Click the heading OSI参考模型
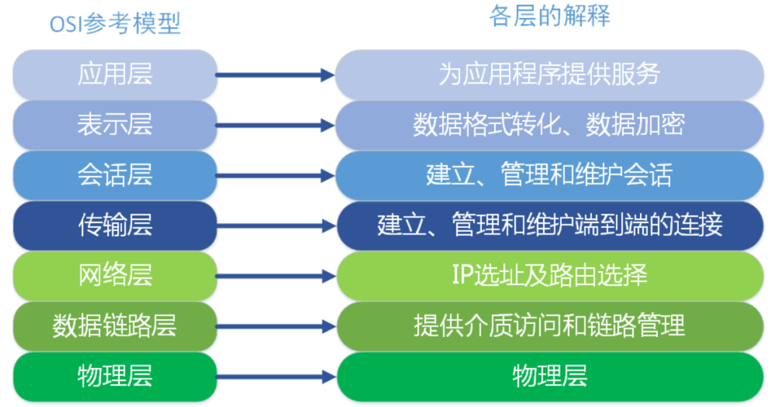tap(115, 24)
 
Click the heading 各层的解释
tap(550, 16)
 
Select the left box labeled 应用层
tap(115, 74)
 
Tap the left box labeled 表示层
tap(115, 125)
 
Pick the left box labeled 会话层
tap(115, 175)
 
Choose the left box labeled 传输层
tap(115, 226)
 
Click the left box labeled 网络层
tap(115, 276)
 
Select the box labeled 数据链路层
tap(115, 326)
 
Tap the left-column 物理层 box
tap(115, 376)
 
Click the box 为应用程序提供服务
tap(550, 74)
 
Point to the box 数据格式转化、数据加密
tap(550, 125)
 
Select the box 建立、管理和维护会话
tap(550, 175)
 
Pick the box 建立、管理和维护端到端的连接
tap(550, 226)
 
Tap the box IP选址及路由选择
tap(550, 276)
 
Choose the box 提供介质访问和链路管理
tap(550, 326)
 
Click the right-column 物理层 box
tap(550, 376)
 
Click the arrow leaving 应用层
tap(274, 74)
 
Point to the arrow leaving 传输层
tap(274, 226)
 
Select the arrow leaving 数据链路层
tap(274, 326)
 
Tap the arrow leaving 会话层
tap(274, 175)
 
